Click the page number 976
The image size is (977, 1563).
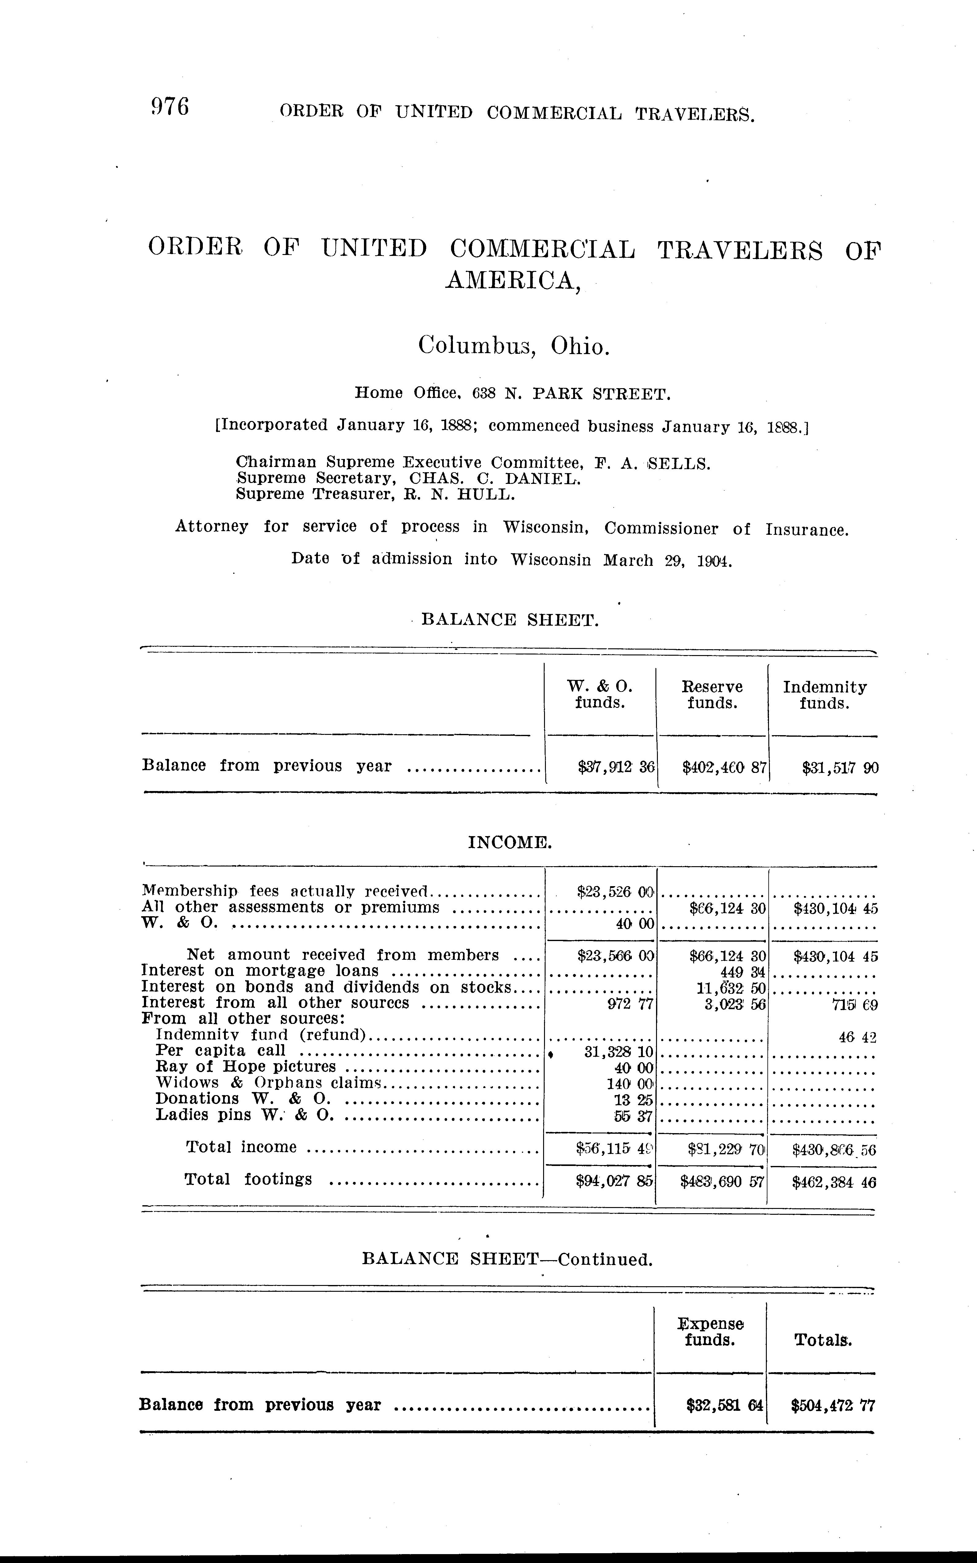pos(169,107)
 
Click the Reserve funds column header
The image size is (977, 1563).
pos(712,695)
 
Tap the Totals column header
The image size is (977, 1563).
pos(823,1341)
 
